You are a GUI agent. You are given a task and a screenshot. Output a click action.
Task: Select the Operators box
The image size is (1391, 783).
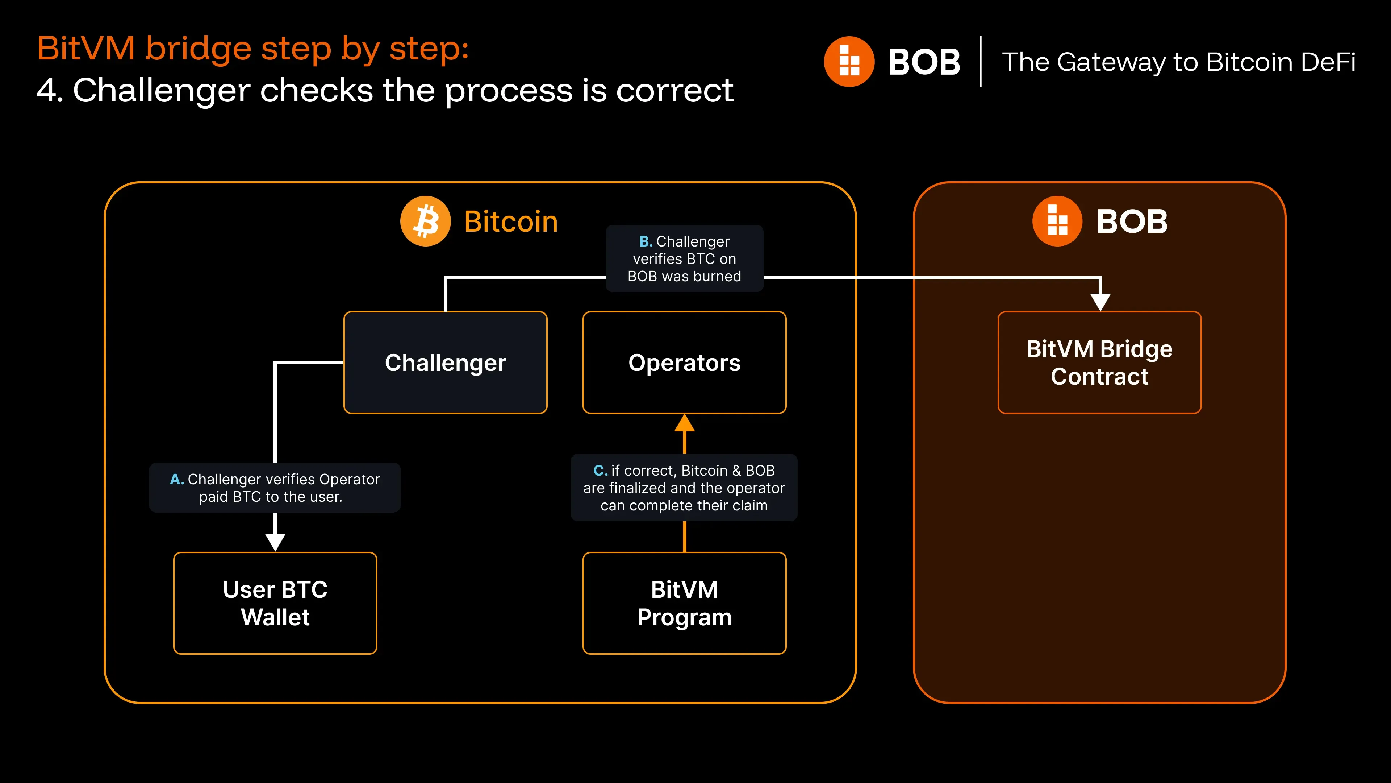(684, 362)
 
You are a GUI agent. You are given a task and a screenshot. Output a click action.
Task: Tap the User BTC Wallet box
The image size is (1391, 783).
(275, 603)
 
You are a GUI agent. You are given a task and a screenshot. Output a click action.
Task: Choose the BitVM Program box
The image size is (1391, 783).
(684, 603)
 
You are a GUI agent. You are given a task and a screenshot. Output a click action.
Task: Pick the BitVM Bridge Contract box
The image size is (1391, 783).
(1099, 362)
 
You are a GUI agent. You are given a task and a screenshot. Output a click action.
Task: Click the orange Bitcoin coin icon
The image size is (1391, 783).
(426, 221)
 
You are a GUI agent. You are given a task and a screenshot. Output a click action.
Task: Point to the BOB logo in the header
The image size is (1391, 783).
(849, 62)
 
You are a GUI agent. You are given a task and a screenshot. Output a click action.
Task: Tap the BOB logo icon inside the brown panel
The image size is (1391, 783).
(1057, 221)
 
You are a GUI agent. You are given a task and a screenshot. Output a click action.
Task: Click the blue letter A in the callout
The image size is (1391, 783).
(176, 479)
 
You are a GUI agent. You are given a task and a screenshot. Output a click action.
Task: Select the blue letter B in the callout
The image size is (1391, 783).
(645, 241)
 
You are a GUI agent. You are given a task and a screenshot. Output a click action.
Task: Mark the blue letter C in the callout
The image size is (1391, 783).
(600, 471)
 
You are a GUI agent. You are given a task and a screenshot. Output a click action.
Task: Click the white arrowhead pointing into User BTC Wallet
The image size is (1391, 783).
(275, 541)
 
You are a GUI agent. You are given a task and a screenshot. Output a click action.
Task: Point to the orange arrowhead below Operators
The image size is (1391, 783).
(684, 423)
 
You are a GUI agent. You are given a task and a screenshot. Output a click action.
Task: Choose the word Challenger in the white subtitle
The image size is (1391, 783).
(161, 90)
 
